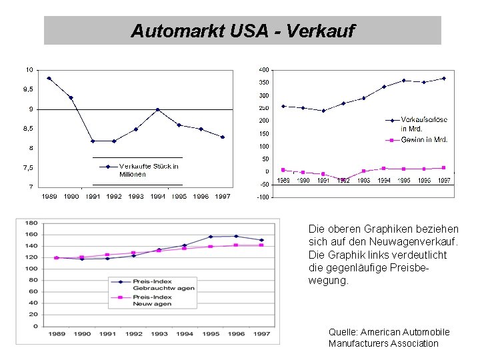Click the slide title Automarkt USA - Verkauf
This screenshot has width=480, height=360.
[243, 31]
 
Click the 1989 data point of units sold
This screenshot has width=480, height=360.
[49, 78]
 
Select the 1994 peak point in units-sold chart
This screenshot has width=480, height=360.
[157, 109]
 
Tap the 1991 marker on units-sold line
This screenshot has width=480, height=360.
[93, 141]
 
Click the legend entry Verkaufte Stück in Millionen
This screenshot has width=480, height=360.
[149, 170]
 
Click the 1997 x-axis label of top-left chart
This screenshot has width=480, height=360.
[222, 196]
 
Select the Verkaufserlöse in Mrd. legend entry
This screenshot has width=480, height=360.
[423, 124]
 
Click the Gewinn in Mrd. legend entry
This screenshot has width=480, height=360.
[423, 140]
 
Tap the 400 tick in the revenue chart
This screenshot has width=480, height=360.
[264, 70]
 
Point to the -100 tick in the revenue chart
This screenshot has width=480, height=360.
[263, 197]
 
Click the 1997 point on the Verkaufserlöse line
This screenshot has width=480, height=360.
[443, 78]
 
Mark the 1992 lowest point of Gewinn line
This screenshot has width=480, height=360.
[343, 181]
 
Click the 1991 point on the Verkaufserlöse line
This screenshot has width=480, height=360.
[323, 111]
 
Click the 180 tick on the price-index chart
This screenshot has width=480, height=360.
[31, 222]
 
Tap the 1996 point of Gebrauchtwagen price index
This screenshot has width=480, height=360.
[235, 236]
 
